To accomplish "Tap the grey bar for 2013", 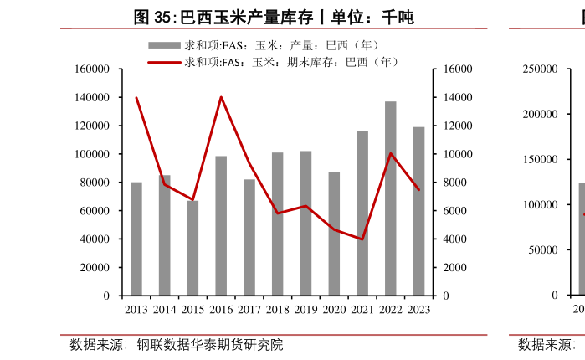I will coord(136,239).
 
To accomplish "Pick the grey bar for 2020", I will coord(334,234).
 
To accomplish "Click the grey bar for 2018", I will coord(277,224).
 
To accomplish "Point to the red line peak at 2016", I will coord(221,97).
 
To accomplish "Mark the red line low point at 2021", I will coord(362,239).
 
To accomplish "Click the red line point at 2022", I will coord(390,153).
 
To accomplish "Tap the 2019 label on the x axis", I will coord(305,310).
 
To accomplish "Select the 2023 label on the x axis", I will coord(418,310).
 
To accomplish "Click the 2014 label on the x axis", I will coord(164,310).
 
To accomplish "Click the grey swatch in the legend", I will coord(164,45).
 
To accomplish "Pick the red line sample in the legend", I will coord(164,62).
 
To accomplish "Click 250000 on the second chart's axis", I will coord(541,69).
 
